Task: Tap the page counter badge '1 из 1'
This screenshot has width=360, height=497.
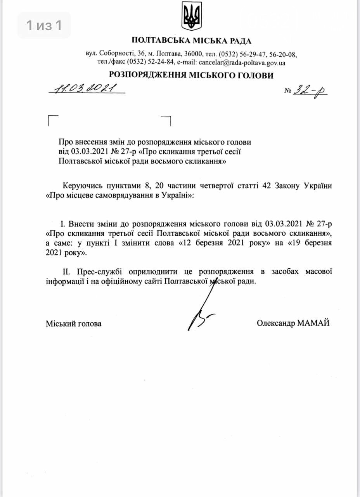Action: pyautogui.click(x=44, y=26)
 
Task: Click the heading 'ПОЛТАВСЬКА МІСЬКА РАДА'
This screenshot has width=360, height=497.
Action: pyautogui.click(x=191, y=40)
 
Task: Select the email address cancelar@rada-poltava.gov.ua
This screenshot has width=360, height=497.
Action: pyautogui.click(x=242, y=62)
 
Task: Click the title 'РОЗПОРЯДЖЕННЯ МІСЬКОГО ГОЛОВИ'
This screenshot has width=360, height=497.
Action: pyautogui.click(x=191, y=75)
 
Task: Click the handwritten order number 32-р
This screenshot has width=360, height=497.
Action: pyautogui.click(x=310, y=91)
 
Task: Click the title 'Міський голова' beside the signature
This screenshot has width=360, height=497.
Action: pyautogui.click(x=74, y=323)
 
